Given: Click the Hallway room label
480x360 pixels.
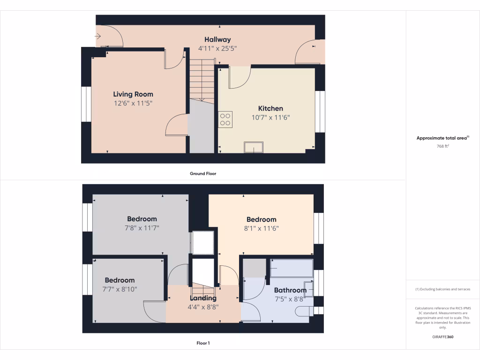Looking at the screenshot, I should (217, 39).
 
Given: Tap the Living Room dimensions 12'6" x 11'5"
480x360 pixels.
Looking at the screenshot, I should (134, 103).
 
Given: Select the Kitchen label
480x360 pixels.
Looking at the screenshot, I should (270, 108).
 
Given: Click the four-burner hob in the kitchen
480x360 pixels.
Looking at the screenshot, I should (225, 119).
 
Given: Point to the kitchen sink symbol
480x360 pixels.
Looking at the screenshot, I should (254, 147).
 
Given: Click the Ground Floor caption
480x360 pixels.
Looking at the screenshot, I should (203, 173).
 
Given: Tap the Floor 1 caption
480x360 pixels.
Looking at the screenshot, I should (203, 343).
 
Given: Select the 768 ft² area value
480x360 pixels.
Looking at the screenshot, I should (443, 146).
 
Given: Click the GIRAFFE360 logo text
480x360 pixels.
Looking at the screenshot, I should (443, 337).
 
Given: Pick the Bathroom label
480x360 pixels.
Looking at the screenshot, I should (290, 290).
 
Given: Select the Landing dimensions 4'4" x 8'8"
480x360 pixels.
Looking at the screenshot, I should (203, 307).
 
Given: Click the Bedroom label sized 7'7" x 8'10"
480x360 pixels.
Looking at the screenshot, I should (120, 280).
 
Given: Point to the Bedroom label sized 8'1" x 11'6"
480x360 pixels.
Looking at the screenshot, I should (261, 219).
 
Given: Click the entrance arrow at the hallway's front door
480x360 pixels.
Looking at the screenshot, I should (98, 36).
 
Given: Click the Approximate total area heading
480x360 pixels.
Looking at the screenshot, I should (442, 138).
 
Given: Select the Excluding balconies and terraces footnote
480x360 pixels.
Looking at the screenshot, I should (443, 289).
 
